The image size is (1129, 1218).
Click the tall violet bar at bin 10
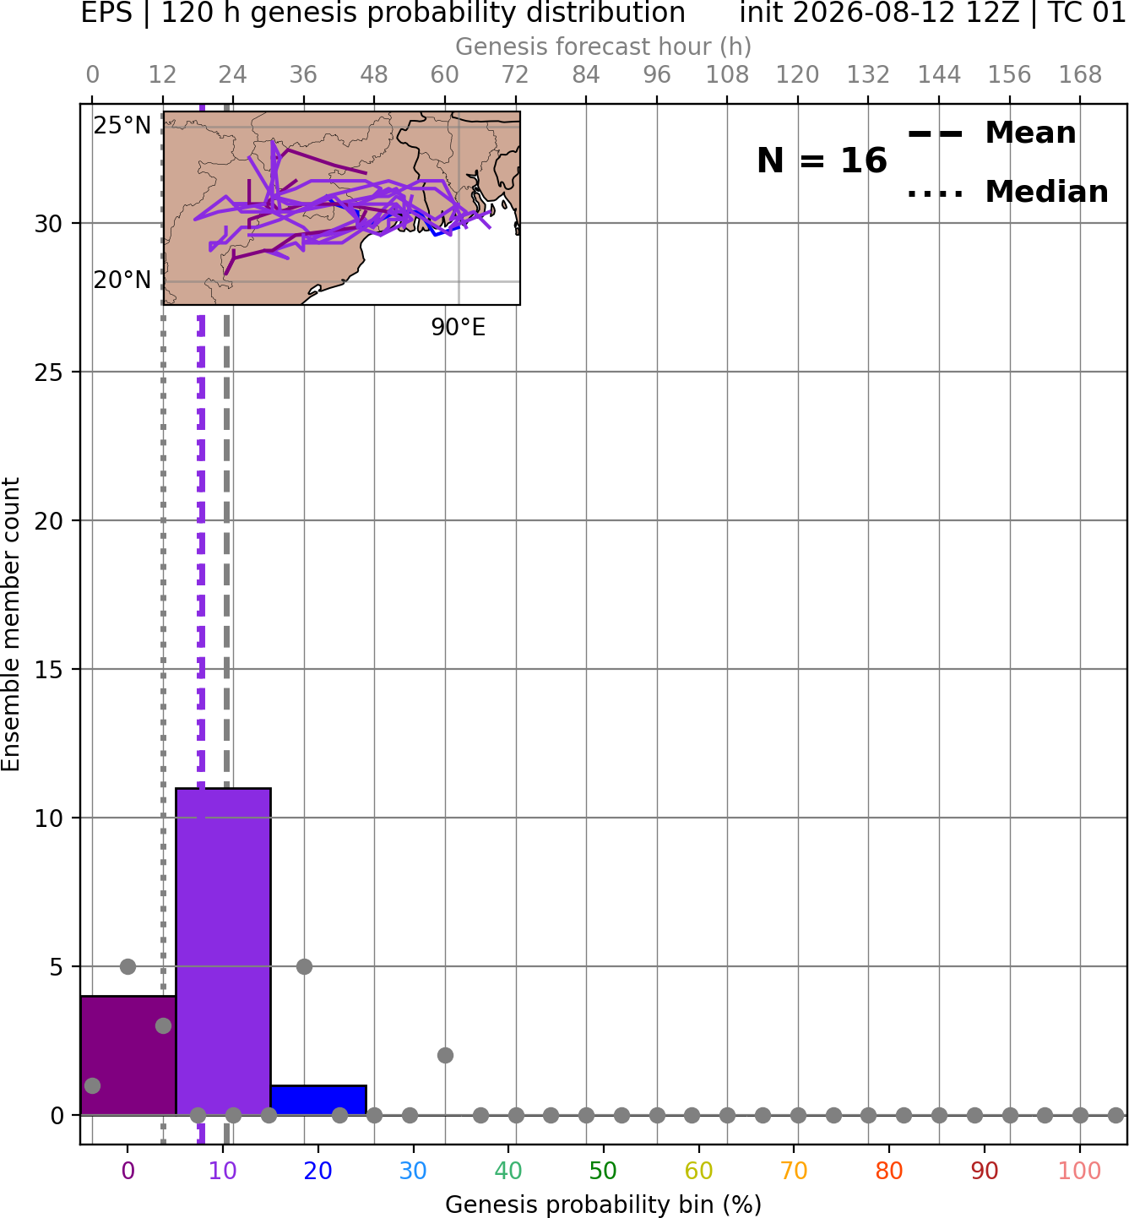pos(223,951)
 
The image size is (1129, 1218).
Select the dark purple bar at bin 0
pos(128,1056)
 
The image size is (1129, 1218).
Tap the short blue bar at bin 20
pos(318,1101)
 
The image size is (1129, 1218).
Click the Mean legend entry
pos(991,133)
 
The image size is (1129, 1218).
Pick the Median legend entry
pos(1007,192)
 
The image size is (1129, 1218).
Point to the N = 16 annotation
pos(822,160)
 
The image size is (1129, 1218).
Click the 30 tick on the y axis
pos(48,224)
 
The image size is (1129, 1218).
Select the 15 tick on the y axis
pos(48,669)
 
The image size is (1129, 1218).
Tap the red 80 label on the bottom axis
pos(889,1172)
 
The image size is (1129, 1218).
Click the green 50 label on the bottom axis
pos(604,1172)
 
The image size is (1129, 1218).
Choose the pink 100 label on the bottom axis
pos(1080,1172)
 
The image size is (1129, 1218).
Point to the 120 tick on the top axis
pos(798,75)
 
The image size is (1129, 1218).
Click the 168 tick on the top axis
pos(1081,75)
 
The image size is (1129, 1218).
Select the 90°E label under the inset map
pos(458,328)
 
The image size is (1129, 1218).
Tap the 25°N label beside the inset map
pos(122,126)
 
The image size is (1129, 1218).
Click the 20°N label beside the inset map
pos(122,280)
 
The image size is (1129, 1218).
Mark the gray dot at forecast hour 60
pos(445,1056)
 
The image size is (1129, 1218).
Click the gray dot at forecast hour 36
pos(304,966)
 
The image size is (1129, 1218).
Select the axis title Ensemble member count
pos(11,624)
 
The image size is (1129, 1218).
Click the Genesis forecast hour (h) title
pos(604,46)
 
